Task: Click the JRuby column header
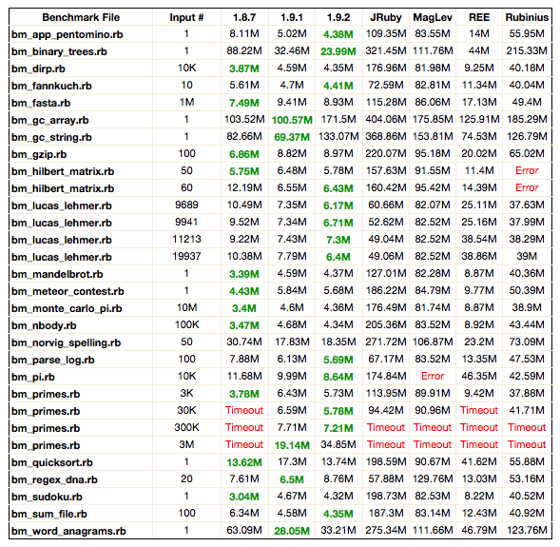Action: tap(386, 17)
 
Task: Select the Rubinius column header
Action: tap(527, 17)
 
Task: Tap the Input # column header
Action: tap(186, 17)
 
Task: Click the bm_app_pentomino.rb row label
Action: tap(68, 34)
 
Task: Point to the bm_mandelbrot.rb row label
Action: tap(57, 274)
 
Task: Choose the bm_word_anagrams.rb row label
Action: tap(68, 531)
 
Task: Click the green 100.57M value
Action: tap(292, 120)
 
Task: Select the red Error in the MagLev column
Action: tap(433, 376)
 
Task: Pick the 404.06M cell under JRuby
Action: tap(386, 119)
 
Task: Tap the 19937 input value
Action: tap(186, 256)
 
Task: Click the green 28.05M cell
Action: tap(292, 531)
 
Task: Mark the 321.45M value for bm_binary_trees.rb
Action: tap(386, 50)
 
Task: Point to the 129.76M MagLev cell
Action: tap(433, 479)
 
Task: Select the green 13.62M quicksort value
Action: tap(244, 462)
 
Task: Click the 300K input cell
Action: tap(186, 427)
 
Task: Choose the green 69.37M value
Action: tap(292, 137)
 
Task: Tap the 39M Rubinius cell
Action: tap(527, 256)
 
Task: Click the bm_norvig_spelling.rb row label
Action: tap(66, 343)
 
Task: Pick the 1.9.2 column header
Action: tap(338, 17)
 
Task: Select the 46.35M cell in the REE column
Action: tap(479, 376)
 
